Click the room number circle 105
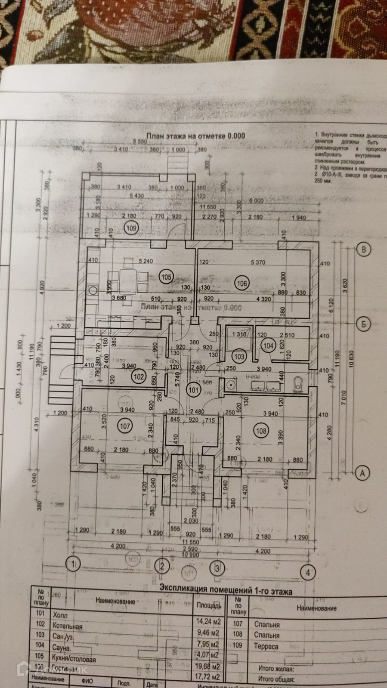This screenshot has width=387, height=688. pyautogui.click(x=166, y=277)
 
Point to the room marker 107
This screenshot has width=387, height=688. pyautogui.click(x=125, y=426)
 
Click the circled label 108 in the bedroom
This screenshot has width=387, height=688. pyautogui.click(x=261, y=430)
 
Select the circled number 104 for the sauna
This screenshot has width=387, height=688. pyautogui.click(x=268, y=346)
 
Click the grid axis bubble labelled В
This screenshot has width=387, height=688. pyautogui.click(x=365, y=250)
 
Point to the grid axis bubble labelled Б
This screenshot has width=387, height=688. pyautogui.click(x=364, y=324)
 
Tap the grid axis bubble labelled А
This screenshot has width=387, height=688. pyautogui.click(x=362, y=473)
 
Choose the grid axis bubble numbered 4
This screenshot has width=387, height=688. pyautogui.click(x=307, y=573)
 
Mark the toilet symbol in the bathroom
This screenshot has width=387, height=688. pyautogui.click(x=298, y=384)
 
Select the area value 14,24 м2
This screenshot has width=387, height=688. pyautogui.click(x=209, y=621)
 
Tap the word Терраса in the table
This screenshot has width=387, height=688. pyautogui.click(x=266, y=646)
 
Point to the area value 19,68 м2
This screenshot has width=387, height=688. pyautogui.click(x=209, y=666)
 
